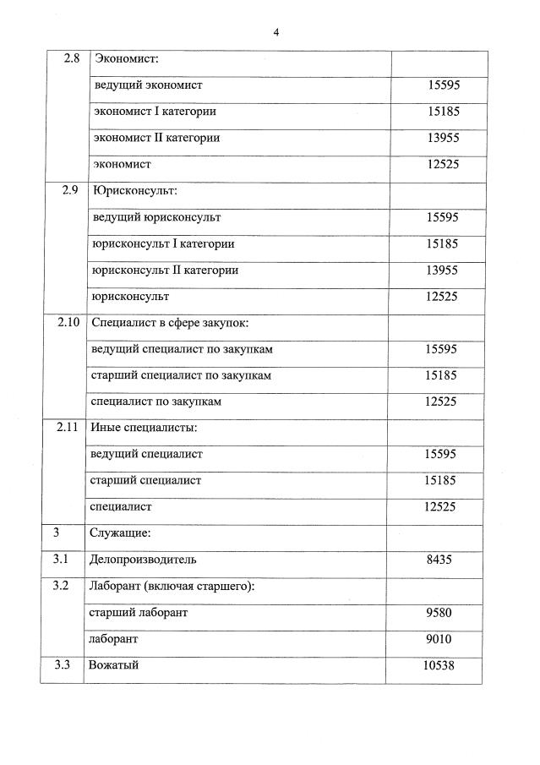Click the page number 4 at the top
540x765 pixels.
(275, 32)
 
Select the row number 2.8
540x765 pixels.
(72, 59)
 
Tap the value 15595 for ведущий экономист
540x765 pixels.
(443, 85)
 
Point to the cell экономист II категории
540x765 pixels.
(156, 138)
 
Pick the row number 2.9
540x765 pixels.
(70, 191)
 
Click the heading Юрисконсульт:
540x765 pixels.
(134, 191)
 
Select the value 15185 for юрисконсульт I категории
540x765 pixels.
(442, 244)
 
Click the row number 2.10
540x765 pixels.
(68, 323)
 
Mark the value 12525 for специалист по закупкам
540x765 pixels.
(441, 402)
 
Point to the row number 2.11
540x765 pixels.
(67, 428)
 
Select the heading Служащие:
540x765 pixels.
(120, 533)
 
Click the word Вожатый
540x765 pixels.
(113, 665)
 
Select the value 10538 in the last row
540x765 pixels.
(439, 665)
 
